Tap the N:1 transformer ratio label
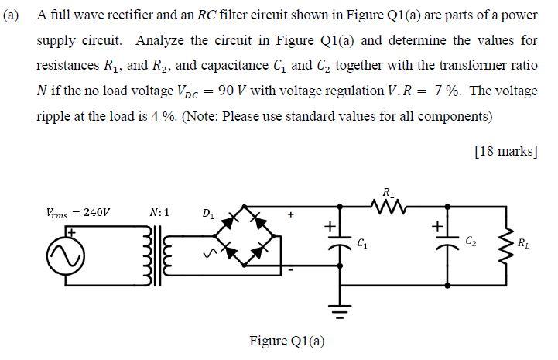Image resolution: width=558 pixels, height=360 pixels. [159, 211]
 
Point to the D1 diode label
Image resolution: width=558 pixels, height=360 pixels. [207, 212]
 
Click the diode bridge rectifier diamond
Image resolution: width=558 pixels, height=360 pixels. [247, 235]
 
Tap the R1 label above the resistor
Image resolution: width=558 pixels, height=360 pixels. [387, 190]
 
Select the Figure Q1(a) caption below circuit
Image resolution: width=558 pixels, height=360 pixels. [286, 341]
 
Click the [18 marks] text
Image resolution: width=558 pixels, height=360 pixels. [504, 150]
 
